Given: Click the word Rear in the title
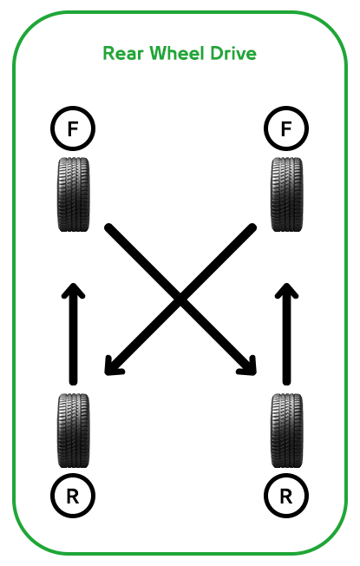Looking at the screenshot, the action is [x=124, y=54].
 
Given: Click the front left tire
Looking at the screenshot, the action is [x=73, y=194].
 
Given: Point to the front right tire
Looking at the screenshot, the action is [x=287, y=194].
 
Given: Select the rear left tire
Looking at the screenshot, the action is [x=73, y=431].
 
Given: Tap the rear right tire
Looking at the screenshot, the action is [x=287, y=431].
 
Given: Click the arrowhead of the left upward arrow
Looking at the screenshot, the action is [x=73, y=289].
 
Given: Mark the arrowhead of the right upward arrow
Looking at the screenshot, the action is [x=287, y=289].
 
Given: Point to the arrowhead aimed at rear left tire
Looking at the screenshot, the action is [x=110, y=368].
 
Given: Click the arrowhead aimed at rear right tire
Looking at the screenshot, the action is [x=250, y=368].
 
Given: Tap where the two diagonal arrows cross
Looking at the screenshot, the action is [x=180, y=299].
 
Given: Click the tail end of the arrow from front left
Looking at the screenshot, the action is [x=108, y=227].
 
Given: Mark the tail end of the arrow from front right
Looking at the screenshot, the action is [x=252, y=227].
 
